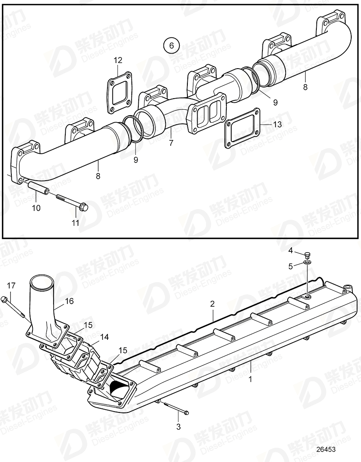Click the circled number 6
(171, 45)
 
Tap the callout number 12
(118, 60)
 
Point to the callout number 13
(277, 125)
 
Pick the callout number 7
(171, 143)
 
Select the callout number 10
(36, 208)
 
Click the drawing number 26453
(326, 450)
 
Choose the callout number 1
(250, 379)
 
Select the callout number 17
(11, 285)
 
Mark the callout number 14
(105, 337)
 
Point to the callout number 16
(69, 301)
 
